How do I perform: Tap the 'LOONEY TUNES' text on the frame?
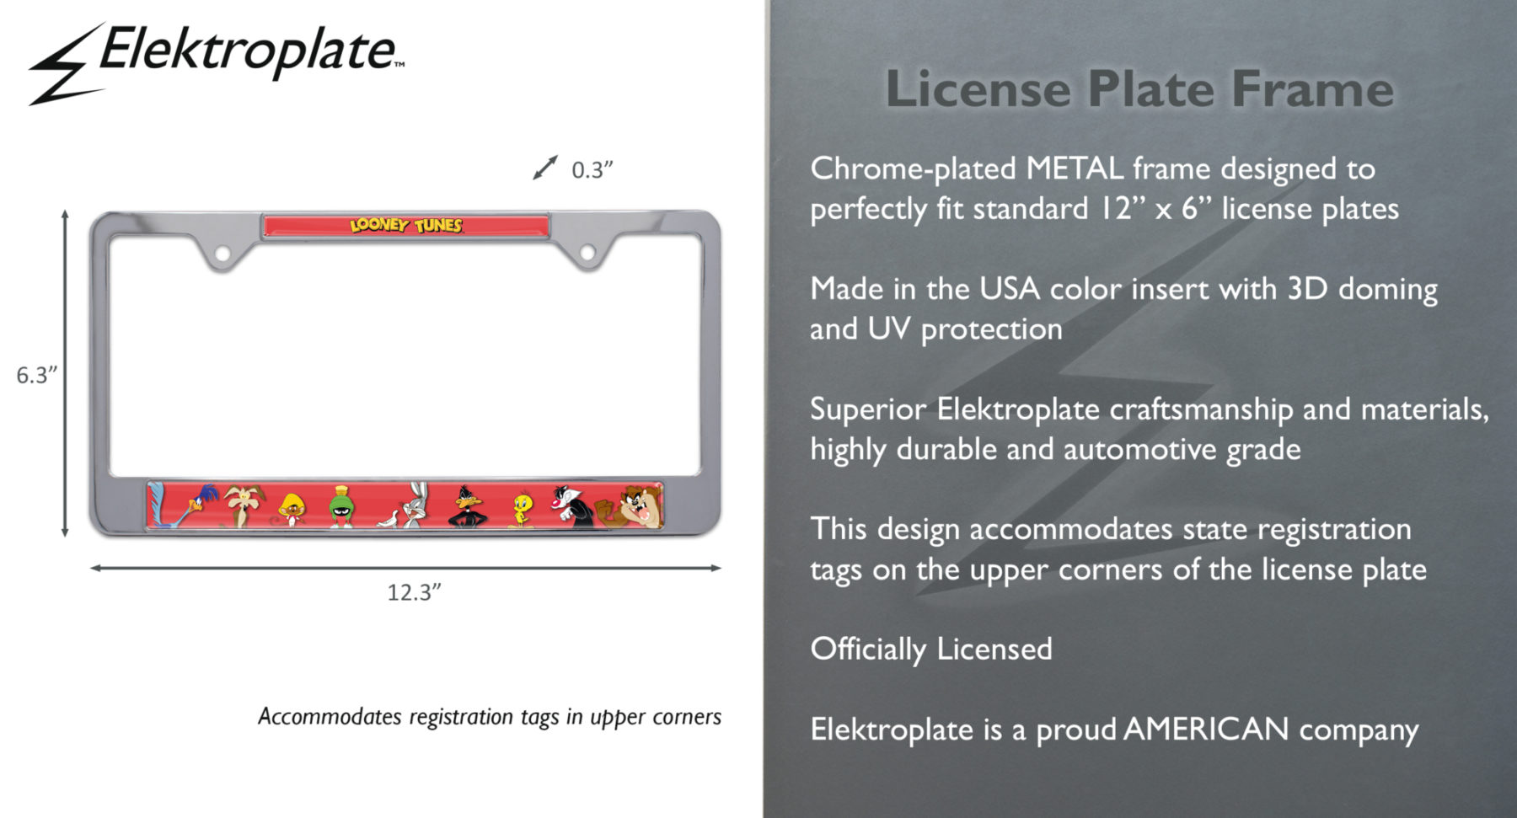pyautogui.click(x=406, y=225)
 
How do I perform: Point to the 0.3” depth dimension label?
pyautogui.click(x=592, y=170)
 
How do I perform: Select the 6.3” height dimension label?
pyautogui.click(x=36, y=375)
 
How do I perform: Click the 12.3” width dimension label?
pyautogui.click(x=414, y=592)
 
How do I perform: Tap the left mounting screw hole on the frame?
pyautogui.click(x=222, y=253)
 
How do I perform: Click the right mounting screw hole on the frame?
pyautogui.click(x=587, y=252)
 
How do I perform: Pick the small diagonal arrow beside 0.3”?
pyautogui.click(x=545, y=168)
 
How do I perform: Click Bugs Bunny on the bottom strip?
pyautogui.click(x=410, y=506)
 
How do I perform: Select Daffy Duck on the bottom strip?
pyautogui.click(x=466, y=507)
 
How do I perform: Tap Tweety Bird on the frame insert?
pyautogui.click(x=523, y=509)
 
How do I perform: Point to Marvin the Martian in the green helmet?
pyautogui.click(x=341, y=507)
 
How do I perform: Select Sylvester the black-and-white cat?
pyautogui.click(x=571, y=506)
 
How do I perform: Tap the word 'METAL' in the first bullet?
pyautogui.click(x=1075, y=168)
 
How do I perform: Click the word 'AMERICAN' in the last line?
pyautogui.click(x=1206, y=729)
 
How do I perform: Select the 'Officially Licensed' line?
pyautogui.click(x=930, y=649)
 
